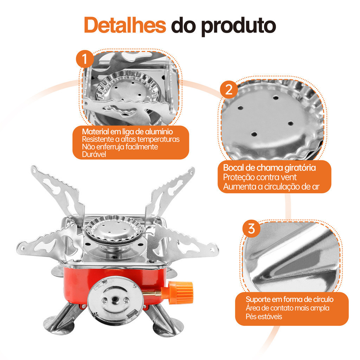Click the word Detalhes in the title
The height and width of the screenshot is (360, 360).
click(125, 25)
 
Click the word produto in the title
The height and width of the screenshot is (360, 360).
click(238, 26)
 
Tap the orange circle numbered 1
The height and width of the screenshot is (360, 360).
click(85, 59)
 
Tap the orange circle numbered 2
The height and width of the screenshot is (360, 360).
click(229, 89)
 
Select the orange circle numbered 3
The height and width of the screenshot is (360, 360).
click(251, 229)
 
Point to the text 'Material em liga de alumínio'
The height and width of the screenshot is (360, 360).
click(127, 131)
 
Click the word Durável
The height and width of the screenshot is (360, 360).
click(94, 154)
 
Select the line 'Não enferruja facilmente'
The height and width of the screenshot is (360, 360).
click(120, 147)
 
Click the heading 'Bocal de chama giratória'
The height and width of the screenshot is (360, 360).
click(269, 168)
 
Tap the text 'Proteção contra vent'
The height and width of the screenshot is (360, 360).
click(260, 177)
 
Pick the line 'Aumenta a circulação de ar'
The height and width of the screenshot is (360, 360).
click(271, 187)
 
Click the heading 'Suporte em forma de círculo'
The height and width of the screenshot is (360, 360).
click(290, 300)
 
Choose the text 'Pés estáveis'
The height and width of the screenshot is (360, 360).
click(264, 317)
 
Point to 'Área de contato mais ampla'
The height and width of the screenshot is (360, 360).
click(288, 308)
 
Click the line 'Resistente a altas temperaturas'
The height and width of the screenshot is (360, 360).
click(131, 139)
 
